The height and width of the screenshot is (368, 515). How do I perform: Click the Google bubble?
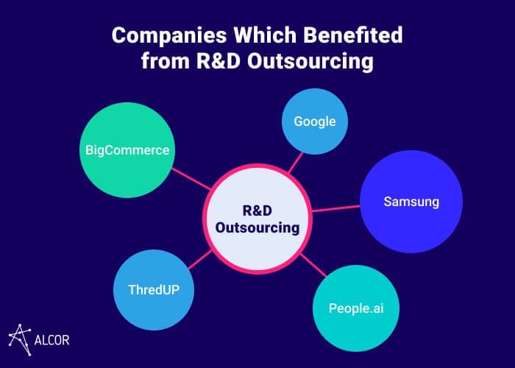(x=315, y=121)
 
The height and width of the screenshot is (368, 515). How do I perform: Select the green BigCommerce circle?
(x=127, y=150)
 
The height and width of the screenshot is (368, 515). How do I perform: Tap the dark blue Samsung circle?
(x=411, y=202)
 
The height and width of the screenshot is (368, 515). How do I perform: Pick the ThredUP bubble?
(x=154, y=290)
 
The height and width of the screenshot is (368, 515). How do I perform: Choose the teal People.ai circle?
(x=356, y=308)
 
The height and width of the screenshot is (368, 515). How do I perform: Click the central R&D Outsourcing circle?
(x=257, y=219)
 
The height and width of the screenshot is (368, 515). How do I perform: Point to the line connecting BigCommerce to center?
(x=191, y=179)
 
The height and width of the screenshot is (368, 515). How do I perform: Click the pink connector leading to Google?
(x=295, y=163)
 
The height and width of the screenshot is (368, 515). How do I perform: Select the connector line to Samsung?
(x=336, y=208)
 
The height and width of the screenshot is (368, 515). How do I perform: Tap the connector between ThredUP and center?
(x=200, y=260)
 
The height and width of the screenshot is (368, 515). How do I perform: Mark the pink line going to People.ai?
(x=313, y=265)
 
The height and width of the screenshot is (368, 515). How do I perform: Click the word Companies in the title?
(x=169, y=35)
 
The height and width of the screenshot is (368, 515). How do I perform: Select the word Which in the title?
(x=265, y=35)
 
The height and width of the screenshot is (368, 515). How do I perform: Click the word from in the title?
(x=166, y=61)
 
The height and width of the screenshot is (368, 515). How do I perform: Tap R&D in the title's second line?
(x=219, y=61)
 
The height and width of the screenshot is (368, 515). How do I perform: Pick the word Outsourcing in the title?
(x=310, y=62)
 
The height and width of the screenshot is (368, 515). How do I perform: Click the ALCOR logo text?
(x=52, y=340)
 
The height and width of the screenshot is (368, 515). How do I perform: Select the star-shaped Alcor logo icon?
(x=20, y=340)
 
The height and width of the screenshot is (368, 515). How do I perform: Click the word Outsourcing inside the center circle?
(x=257, y=227)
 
